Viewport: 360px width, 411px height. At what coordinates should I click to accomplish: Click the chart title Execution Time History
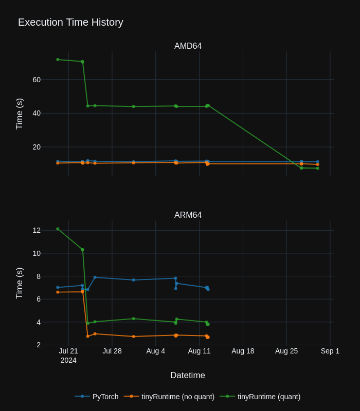(70, 22)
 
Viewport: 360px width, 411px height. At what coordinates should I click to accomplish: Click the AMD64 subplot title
(188, 46)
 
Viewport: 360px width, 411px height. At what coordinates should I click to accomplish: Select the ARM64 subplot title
(188, 215)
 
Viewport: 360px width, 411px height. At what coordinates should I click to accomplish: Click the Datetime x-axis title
(187, 376)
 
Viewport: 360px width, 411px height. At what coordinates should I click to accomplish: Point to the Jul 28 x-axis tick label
(112, 351)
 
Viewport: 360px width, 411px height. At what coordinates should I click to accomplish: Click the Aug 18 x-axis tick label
(243, 351)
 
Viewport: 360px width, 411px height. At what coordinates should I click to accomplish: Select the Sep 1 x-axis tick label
(330, 351)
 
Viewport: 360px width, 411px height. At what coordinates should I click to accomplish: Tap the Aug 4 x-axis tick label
(156, 351)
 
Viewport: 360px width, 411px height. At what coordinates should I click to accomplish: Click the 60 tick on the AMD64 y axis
(37, 80)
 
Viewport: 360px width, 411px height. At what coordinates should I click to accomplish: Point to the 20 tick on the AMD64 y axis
(37, 147)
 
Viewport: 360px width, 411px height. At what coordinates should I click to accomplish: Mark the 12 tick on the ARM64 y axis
(37, 230)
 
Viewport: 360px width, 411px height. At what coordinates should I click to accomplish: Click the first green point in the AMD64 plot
(58, 60)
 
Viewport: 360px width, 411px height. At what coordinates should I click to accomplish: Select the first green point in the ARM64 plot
(58, 229)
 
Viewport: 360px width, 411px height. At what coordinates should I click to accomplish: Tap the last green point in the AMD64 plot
(317, 168)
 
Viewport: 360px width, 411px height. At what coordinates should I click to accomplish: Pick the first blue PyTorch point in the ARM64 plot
(58, 287)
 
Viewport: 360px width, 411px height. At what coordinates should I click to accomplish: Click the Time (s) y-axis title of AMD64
(20, 114)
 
